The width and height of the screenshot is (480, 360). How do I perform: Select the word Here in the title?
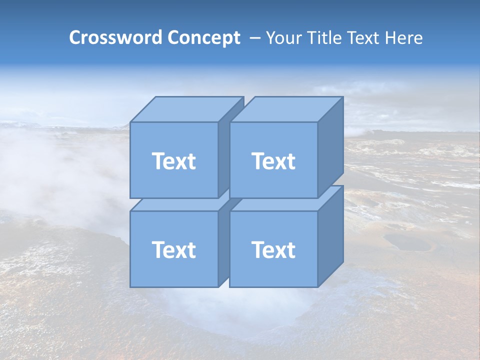[x=404, y=38]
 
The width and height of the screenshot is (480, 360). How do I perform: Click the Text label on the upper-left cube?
[x=173, y=161]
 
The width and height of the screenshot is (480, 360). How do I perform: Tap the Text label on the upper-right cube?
[x=273, y=161]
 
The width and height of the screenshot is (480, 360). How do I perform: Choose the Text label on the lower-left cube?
[x=173, y=250]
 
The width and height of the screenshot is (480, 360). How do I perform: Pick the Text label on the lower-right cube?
[x=273, y=250]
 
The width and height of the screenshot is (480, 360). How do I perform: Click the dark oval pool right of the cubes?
[x=407, y=243]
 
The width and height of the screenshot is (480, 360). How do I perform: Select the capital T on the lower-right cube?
[x=258, y=250]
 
